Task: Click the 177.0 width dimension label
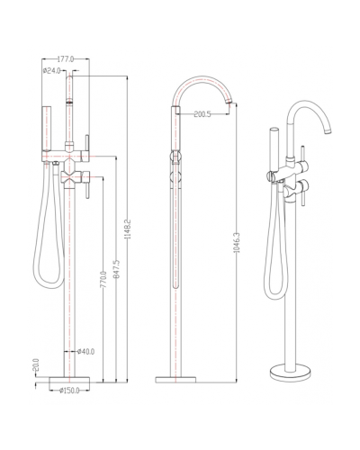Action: tap(66, 59)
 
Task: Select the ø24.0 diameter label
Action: tap(52, 71)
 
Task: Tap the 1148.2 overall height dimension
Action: tap(129, 229)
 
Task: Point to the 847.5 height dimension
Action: tap(117, 269)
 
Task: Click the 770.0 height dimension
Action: tap(103, 280)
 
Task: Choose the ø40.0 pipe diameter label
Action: tap(85, 351)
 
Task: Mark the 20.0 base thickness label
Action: tap(37, 364)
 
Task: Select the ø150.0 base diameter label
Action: tap(69, 391)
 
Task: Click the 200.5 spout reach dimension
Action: tap(202, 114)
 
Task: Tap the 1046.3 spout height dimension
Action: tap(237, 242)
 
